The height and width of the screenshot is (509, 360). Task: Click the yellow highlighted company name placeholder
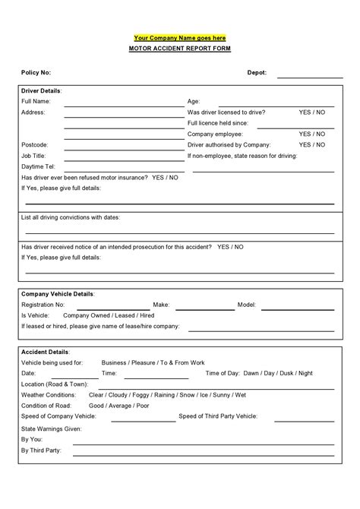coord(179,37)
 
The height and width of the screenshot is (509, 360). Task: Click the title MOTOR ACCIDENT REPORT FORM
coord(179,48)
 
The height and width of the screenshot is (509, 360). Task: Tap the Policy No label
coord(36,73)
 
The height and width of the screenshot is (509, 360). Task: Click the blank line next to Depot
coord(310,77)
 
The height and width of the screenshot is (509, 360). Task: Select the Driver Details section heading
coord(42,90)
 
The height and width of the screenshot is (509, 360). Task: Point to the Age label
coord(194,101)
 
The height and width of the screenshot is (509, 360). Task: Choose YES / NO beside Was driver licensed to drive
coord(311,112)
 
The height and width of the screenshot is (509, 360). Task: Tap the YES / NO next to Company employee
coord(311,134)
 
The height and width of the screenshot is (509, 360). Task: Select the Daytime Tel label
coord(38,166)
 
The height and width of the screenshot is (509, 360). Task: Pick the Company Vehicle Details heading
coord(58,293)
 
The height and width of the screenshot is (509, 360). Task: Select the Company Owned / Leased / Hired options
coord(109,315)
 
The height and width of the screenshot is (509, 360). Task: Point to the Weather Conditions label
coord(50,395)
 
